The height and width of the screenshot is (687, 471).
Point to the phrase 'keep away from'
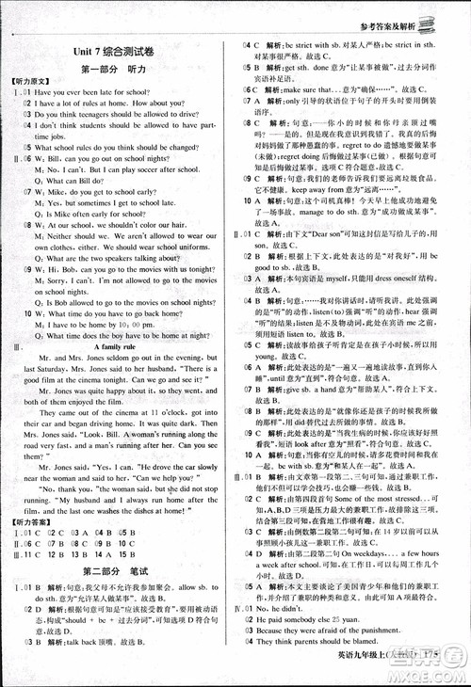(317, 190)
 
